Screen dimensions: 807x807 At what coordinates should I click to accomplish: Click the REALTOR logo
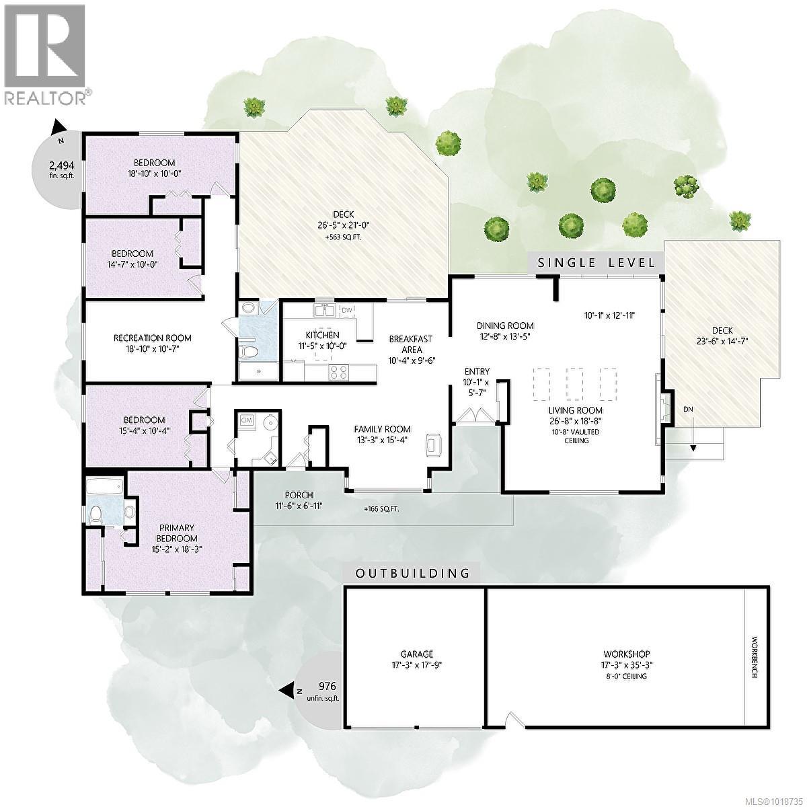coord(45,54)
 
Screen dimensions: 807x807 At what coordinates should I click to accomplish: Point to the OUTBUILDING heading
coord(412,574)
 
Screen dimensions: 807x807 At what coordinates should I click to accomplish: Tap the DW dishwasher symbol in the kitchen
coord(347,311)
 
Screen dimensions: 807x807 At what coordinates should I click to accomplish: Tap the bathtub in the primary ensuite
coord(105,486)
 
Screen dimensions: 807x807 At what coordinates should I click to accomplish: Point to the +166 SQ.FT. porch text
coord(381,509)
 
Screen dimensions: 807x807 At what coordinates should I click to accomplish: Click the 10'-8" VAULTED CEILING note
coord(568,436)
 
